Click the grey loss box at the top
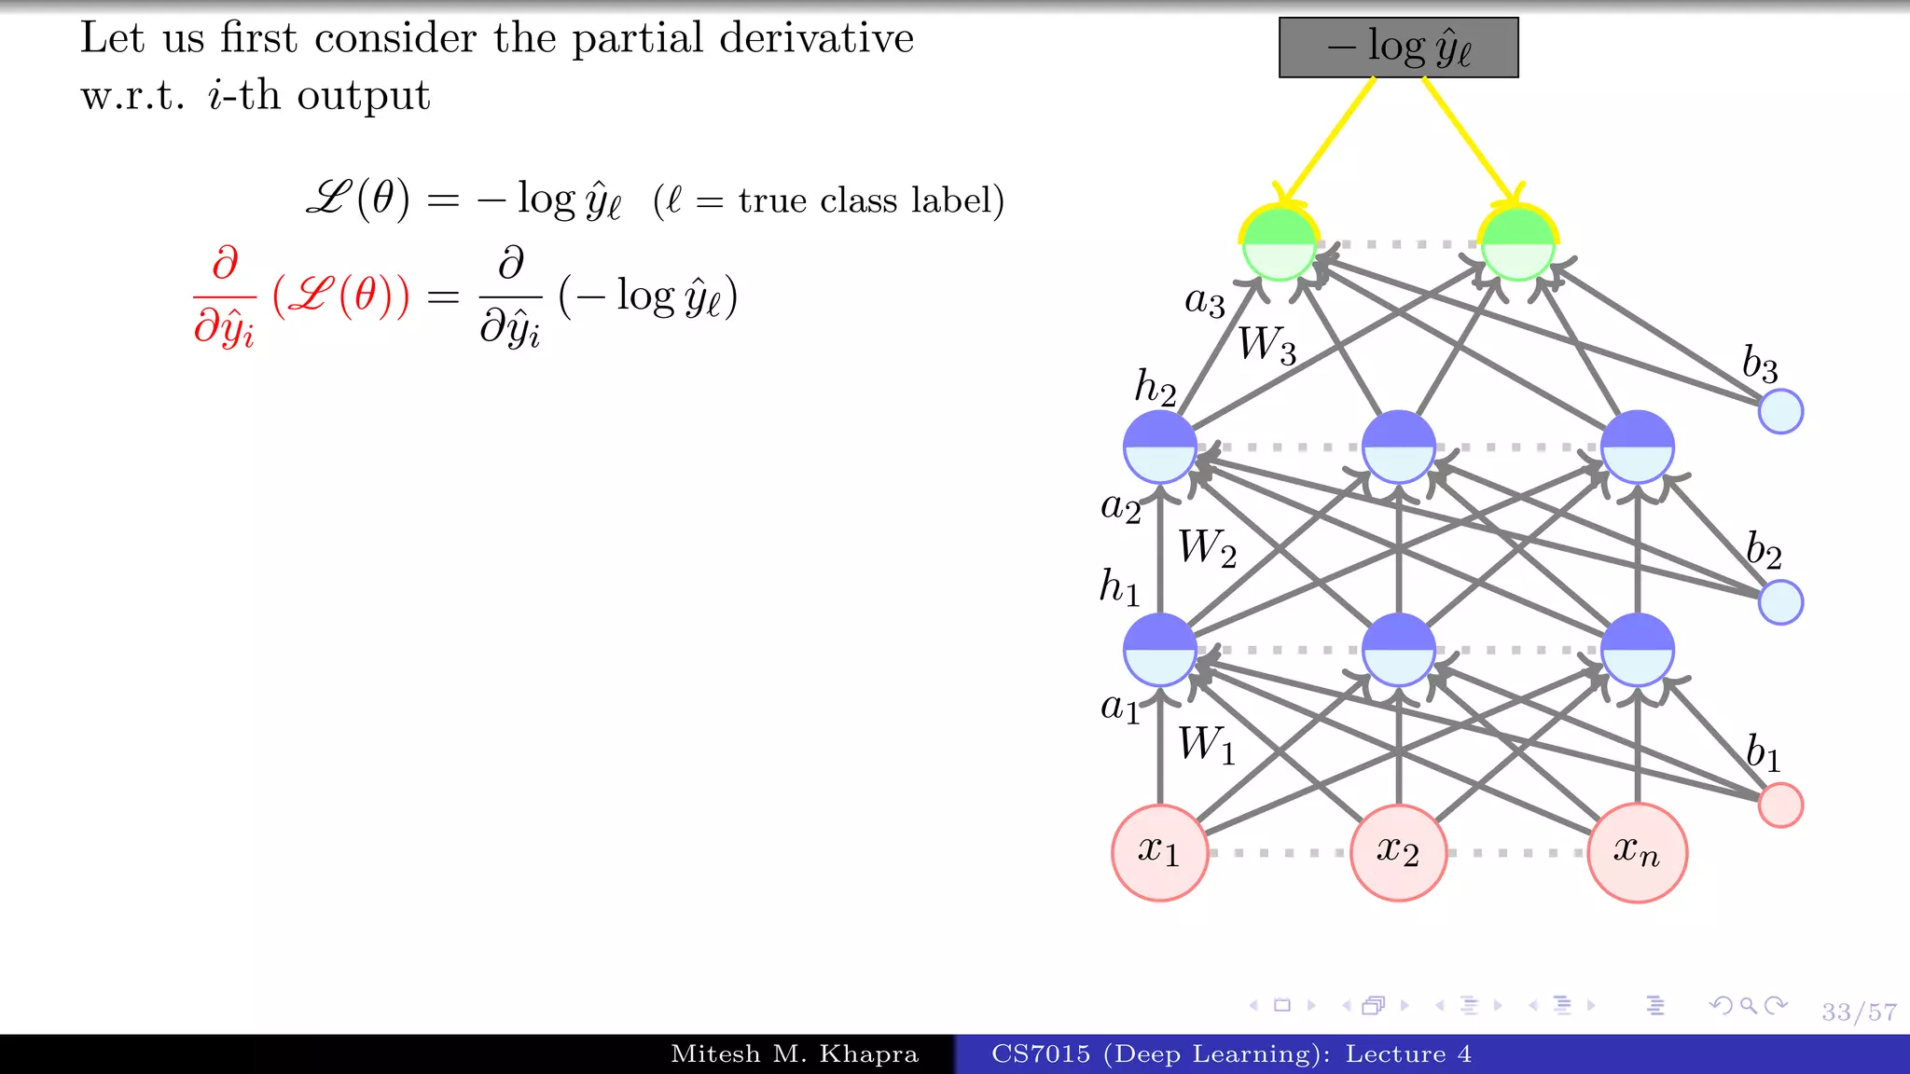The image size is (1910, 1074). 1398,48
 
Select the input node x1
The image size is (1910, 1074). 1159,852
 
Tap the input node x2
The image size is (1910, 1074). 1398,852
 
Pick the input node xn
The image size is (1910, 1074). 1637,852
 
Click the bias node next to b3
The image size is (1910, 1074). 1780,411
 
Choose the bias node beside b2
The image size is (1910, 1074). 1780,602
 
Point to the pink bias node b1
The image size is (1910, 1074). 1780,805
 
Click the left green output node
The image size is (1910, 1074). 1279,244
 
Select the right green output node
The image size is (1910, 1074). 1517,244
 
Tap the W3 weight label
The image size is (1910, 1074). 1266,344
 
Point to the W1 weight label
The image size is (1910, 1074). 1206,745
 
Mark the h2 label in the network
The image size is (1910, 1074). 1155,387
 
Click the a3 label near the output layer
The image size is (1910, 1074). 1204,302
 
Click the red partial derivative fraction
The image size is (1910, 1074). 224,296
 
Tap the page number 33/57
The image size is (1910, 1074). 1859,1012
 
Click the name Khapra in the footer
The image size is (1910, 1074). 868,1054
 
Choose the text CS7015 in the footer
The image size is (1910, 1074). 1040,1054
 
